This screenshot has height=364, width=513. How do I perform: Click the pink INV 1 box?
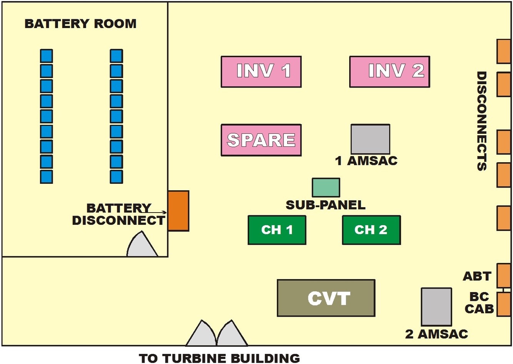click(261, 71)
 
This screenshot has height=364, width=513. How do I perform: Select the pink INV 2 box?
click(390, 71)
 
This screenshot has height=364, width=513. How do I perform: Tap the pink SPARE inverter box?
click(261, 140)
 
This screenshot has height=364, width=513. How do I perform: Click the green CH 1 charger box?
click(277, 230)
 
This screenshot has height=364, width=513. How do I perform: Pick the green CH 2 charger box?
click(371, 230)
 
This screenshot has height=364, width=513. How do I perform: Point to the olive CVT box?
click(326, 298)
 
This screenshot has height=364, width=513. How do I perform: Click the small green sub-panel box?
click(326, 188)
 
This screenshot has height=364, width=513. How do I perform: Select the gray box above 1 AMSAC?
click(370, 139)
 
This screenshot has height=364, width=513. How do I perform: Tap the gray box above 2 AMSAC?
click(436, 307)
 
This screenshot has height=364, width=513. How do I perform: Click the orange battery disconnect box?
click(178, 211)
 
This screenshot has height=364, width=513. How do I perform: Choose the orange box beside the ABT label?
click(504, 275)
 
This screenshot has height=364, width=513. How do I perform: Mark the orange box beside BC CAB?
click(504, 304)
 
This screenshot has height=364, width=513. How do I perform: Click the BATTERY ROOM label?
click(80, 24)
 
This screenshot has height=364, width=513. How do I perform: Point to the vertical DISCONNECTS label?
click(481, 121)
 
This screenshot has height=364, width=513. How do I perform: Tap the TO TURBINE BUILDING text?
click(219, 358)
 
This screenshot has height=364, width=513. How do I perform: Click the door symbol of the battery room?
click(142, 245)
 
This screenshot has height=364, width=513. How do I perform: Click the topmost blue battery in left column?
click(47, 56)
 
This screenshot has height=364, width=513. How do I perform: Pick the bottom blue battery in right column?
click(116, 176)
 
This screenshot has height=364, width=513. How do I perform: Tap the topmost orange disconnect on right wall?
click(504, 51)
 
